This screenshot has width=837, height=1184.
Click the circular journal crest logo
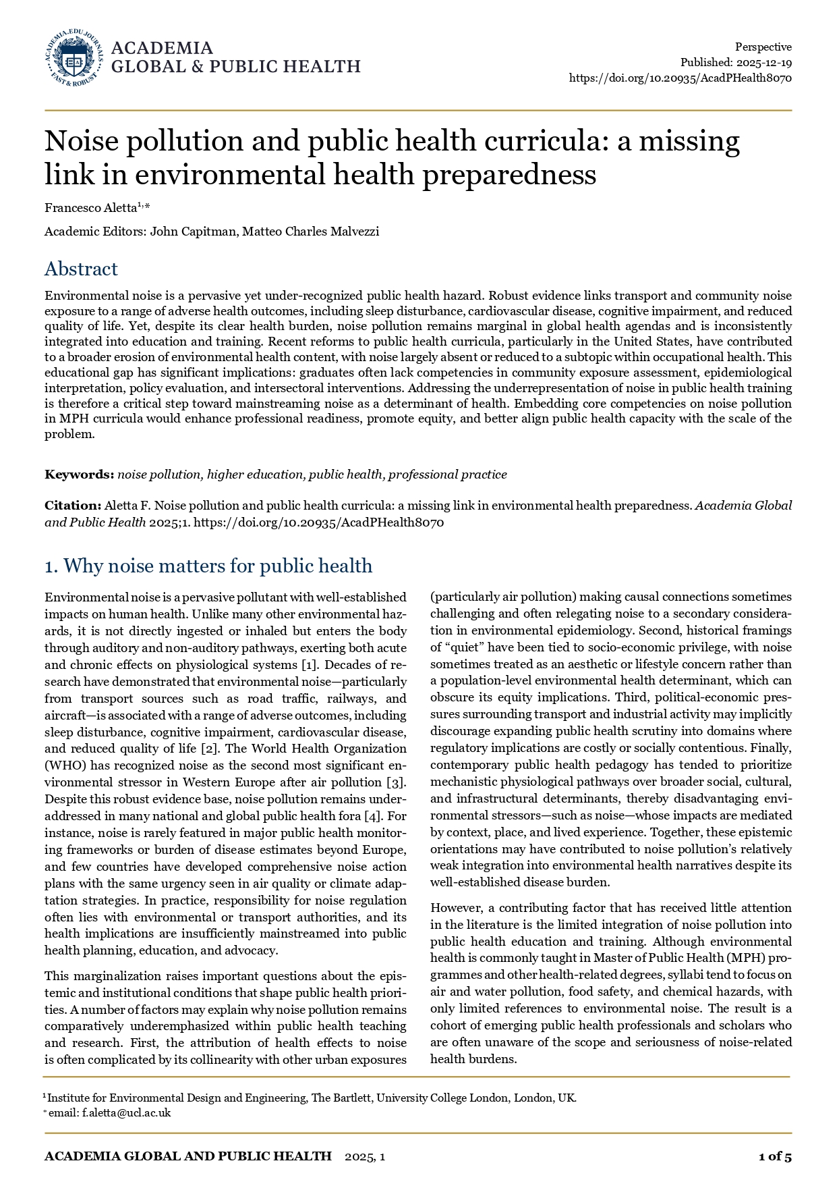[x=74, y=58]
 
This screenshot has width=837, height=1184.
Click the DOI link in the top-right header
[x=680, y=78]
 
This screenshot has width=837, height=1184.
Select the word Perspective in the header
[x=763, y=47]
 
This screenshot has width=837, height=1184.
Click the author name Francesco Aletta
[x=90, y=208]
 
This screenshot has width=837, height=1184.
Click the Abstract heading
[x=81, y=269]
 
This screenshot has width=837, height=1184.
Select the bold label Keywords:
[x=80, y=475]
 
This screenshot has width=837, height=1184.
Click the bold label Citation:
[x=73, y=506]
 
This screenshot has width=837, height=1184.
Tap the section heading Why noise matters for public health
[x=217, y=566]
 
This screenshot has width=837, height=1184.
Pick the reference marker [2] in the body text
[x=208, y=749]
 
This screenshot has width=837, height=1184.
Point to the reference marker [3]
[x=396, y=782]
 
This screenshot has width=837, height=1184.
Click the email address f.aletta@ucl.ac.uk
[x=127, y=1113]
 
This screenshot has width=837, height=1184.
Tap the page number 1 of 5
[x=775, y=1156]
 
